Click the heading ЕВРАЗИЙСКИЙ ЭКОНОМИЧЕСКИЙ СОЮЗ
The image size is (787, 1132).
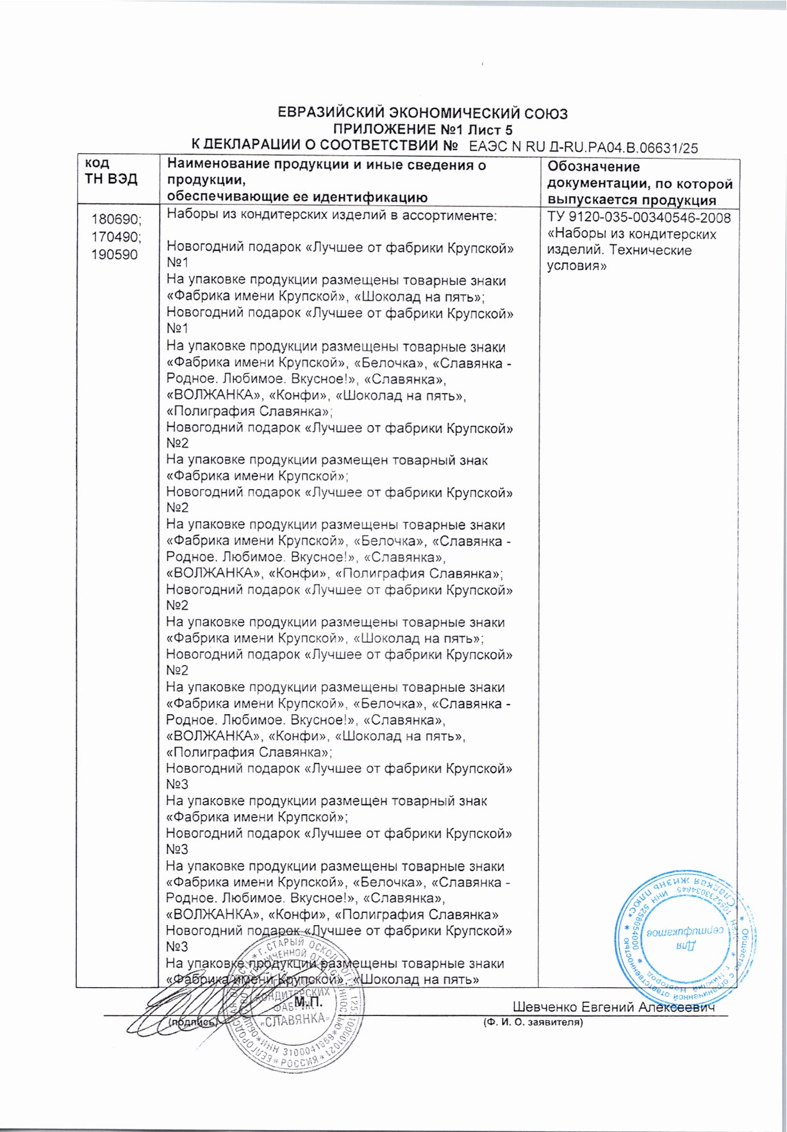[x=422, y=114]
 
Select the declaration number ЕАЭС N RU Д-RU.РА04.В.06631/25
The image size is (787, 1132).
[x=583, y=147]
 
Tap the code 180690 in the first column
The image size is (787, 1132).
[x=117, y=220]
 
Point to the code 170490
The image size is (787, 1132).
[x=117, y=237]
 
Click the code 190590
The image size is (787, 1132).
[x=115, y=254]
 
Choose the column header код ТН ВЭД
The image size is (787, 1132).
[x=111, y=171]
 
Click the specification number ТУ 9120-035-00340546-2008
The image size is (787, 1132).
[x=639, y=218]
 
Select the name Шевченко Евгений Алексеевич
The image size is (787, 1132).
[x=613, y=1007]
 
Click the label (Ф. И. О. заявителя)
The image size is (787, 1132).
[x=533, y=1022]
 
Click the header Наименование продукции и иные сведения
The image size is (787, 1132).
[x=326, y=165]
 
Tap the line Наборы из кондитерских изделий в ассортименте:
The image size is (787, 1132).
[x=331, y=215]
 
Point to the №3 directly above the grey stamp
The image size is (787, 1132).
[x=177, y=947]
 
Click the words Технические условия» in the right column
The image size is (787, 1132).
[x=619, y=258]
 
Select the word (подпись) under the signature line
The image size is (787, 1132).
[x=192, y=1023]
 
